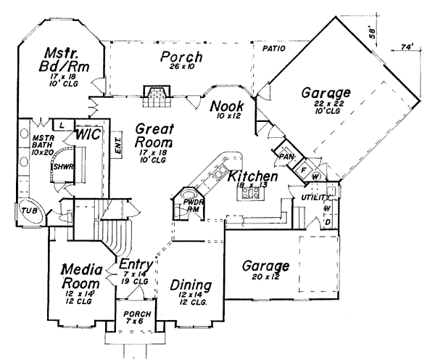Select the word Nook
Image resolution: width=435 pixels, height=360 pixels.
(227, 107)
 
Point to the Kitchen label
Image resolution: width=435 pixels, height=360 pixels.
(252, 176)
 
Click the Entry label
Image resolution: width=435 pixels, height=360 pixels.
(135, 264)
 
